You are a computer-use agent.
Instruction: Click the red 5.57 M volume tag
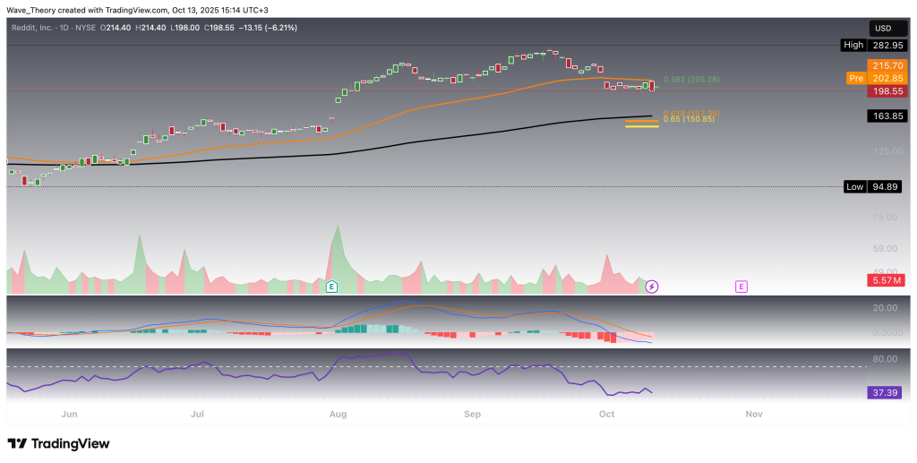coord(886,280)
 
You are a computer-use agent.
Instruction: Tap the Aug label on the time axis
coord(338,415)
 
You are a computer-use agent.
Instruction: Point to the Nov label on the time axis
coord(753,415)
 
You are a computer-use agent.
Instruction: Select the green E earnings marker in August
coord(331,287)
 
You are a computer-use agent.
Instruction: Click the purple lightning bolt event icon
coord(652,287)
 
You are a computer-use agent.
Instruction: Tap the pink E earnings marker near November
coord(741,287)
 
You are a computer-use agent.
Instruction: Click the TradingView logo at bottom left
coord(58,444)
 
